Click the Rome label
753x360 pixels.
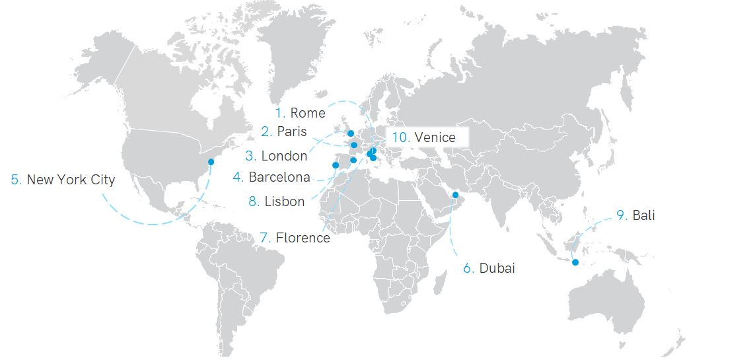pos(308,113)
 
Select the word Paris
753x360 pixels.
pos(292,131)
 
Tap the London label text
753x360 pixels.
pos(284,156)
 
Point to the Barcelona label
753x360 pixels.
pos(279,177)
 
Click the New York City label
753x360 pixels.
pos(71,180)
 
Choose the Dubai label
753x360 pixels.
pos(497,268)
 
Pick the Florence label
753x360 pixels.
pos(303,238)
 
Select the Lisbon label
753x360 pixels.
pos(285,201)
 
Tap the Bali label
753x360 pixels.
pos(643,215)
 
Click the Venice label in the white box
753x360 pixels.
pos(435,137)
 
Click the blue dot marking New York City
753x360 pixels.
pos(211,162)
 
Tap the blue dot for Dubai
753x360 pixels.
pos(455,195)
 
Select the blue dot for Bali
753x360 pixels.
pos(575,263)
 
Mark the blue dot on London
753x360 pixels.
pos(351,133)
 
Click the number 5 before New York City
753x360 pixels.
pos(16,180)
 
